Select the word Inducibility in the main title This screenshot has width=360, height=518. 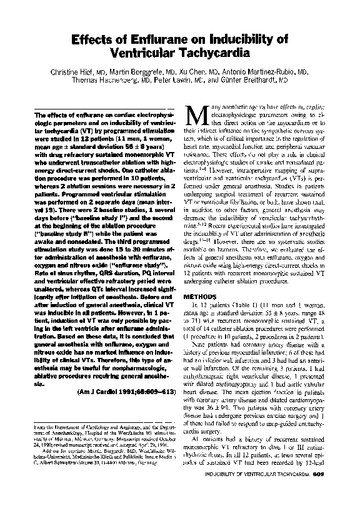pos(238,39)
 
